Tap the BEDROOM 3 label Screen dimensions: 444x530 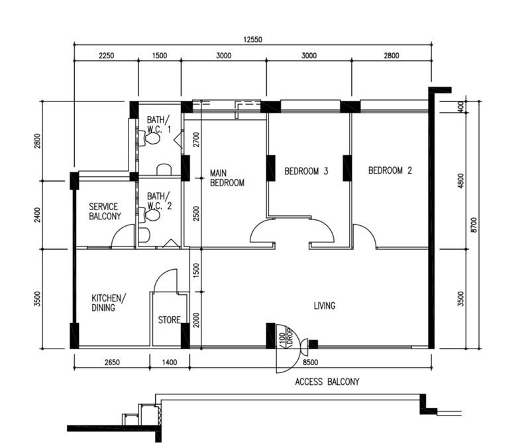(306, 171)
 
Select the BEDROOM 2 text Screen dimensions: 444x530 (390, 170)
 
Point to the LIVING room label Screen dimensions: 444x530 (325, 305)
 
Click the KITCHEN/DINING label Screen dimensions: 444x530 (107, 303)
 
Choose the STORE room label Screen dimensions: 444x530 (169, 320)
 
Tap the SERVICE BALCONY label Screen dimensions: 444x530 (105, 211)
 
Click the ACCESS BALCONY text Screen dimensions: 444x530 (327, 382)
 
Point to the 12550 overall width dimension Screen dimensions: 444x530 (252, 40)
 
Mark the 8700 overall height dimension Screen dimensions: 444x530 (473, 225)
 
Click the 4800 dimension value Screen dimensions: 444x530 (461, 181)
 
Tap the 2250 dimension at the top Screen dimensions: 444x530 (106, 56)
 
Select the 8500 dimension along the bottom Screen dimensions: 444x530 (309, 362)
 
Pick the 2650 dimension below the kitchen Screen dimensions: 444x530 (112, 362)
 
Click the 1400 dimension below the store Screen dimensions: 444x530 (170, 362)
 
